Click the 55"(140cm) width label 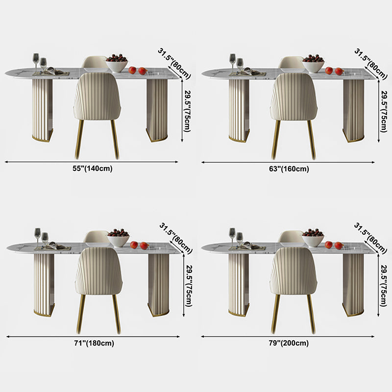(93, 169)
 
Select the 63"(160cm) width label (289, 169)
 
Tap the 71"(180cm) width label (94, 343)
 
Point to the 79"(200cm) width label (289, 343)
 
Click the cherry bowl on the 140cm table (117, 63)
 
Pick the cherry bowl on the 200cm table (313, 238)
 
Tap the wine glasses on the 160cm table (236, 64)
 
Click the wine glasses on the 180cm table (41, 238)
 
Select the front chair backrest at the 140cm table (98, 96)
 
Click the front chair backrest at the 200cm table (294, 271)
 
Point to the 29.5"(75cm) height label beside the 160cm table (384, 111)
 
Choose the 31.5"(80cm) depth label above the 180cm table (176, 238)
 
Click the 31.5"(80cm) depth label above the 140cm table (174, 64)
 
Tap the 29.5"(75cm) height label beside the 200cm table (384, 286)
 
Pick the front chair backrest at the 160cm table (294, 97)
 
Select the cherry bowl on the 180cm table (119, 238)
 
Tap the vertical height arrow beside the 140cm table (182, 111)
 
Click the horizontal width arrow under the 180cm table (93, 337)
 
